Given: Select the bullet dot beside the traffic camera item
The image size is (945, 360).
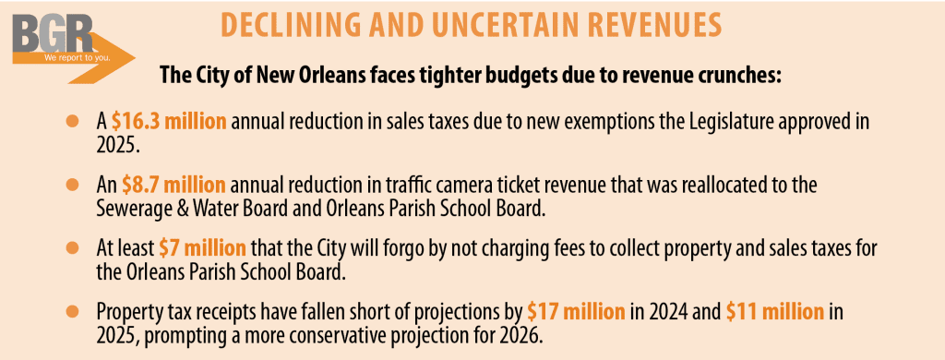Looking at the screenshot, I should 73,185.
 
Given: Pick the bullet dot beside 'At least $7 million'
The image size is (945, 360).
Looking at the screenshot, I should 73,247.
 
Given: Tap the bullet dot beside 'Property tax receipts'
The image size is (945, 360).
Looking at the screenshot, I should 73,311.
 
